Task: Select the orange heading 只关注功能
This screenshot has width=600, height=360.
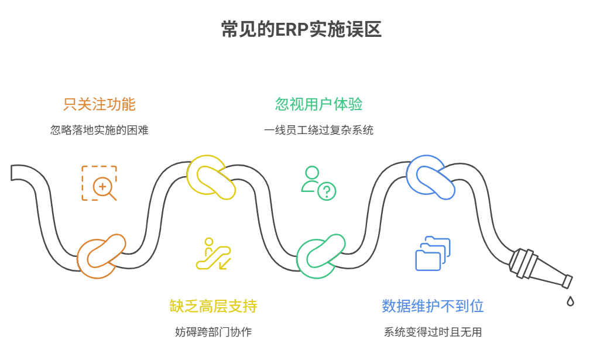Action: tap(100, 104)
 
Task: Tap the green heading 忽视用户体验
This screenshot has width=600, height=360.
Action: tap(319, 104)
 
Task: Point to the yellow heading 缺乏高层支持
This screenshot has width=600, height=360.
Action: tap(214, 306)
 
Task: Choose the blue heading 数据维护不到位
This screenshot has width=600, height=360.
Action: tap(433, 306)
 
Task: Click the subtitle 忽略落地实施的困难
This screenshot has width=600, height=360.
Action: tap(100, 130)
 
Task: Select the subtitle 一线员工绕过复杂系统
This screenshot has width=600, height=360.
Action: tap(319, 130)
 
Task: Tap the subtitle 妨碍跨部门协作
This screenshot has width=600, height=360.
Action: tap(214, 332)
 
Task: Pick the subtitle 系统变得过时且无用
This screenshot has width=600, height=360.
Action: tap(433, 332)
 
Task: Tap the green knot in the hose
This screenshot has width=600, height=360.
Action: tap(320, 256)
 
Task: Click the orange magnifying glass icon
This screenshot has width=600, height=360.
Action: tap(100, 183)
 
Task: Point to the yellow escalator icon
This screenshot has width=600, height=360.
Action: tap(213, 254)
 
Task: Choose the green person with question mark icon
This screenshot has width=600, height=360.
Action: tap(318, 183)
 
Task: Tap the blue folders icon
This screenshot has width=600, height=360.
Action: tap(433, 253)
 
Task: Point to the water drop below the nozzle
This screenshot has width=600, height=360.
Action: tap(570, 301)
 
